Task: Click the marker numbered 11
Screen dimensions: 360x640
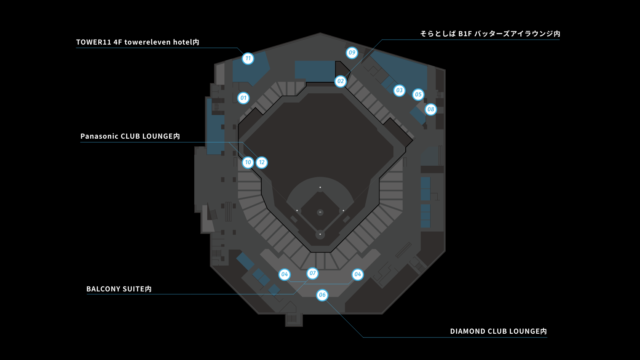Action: [248, 58]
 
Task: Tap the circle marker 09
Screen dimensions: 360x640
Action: [352, 53]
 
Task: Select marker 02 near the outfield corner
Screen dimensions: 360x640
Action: [341, 81]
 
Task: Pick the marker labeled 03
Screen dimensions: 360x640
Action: [399, 90]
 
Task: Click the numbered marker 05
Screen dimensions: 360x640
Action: [418, 94]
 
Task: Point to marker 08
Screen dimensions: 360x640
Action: [431, 109]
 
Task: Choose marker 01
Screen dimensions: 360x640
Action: [243, 98]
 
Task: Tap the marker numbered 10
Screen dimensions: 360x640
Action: [248, 163]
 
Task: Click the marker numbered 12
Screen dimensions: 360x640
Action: [262, 163]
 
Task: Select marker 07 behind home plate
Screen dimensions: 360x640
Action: [313, 273]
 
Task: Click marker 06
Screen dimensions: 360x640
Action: [322, 295]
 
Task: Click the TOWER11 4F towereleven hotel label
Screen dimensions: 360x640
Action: [138, 42]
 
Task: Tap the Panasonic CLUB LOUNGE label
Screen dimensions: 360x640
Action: [130, 136]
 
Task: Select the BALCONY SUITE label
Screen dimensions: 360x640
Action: [119, 289]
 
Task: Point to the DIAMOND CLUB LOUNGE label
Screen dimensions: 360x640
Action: [498, 331]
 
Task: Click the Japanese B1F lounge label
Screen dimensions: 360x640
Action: [490, 34]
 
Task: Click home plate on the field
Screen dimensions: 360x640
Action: [320, 234]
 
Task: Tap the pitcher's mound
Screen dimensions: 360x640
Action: [320, 212]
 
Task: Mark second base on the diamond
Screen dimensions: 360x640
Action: [320, 187]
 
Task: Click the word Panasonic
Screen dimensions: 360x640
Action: [99, 136]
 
